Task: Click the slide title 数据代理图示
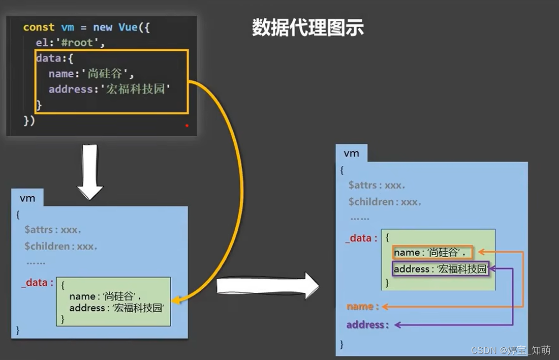pos(308,28)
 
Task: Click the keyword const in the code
pos(39,27)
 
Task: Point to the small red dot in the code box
pos(187,125)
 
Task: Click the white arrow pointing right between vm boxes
pos(267,285)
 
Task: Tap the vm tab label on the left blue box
pos(27,198)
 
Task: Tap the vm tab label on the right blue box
pos(351,153)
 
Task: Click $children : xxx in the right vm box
pos(385,202)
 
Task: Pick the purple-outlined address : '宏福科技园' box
pos(440,269)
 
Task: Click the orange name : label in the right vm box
pos(363,307)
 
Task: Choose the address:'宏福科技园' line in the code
pos(109,89)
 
